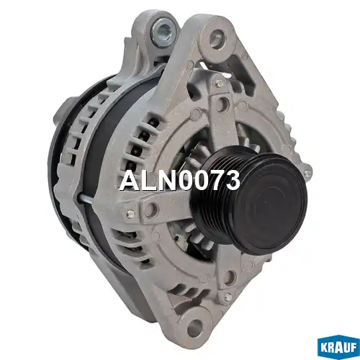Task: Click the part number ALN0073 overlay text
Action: pyautogui.click(x=179, y=180)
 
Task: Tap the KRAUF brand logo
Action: pyautogui.click(x=338, y=347)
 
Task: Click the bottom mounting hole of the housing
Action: pyautogui.click(x=194, y=325)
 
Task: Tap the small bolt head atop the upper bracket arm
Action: pyautogui.click(x=219, y=83)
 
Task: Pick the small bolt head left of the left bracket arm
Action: pyautogui.click(x=130, y=213)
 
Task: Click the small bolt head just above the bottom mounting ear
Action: pyautogui.click(x=228, y=297)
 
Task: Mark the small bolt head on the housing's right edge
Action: pyautogui.click(x=307, y=172)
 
